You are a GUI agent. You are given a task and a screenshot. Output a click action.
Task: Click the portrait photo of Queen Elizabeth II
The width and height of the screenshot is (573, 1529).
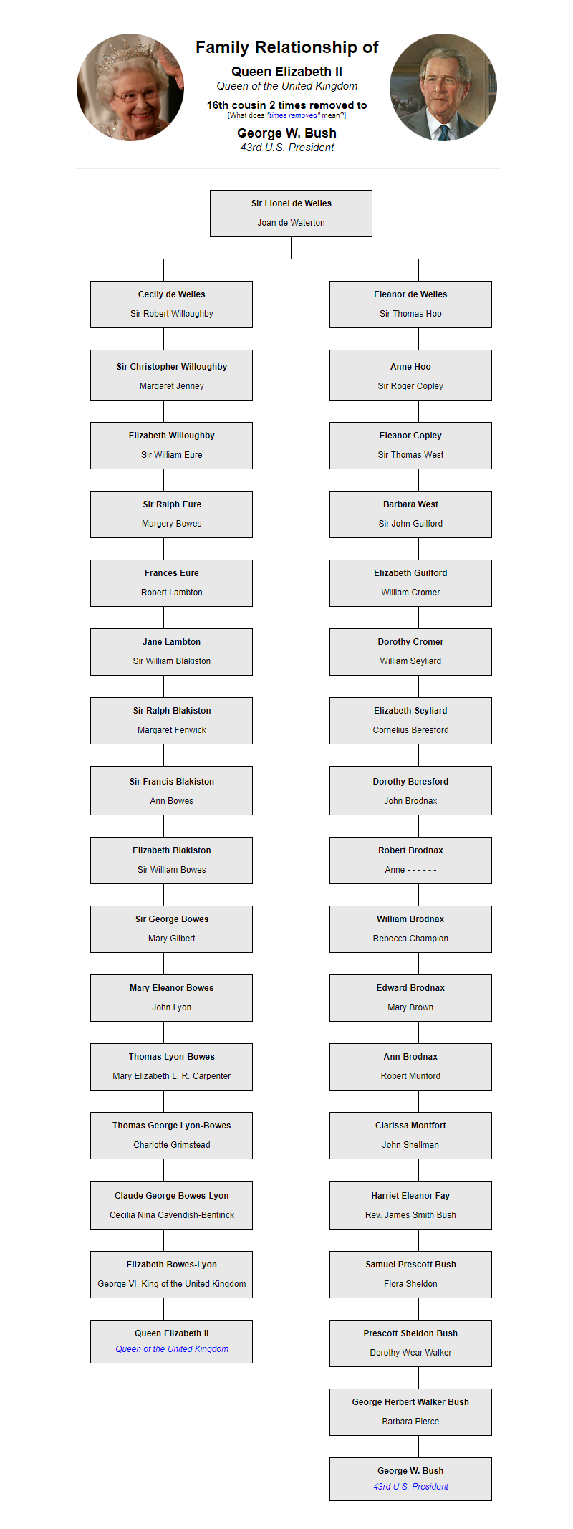130,87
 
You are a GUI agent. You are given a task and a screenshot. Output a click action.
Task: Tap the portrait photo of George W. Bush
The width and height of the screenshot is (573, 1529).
443,87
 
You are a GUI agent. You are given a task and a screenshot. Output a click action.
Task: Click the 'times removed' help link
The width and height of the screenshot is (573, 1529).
286,115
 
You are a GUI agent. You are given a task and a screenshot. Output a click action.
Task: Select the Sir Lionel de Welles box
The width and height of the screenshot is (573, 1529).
291,214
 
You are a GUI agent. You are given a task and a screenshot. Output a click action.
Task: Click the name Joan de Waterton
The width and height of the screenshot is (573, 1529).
291,223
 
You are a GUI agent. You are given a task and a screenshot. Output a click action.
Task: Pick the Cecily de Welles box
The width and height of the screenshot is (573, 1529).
171,305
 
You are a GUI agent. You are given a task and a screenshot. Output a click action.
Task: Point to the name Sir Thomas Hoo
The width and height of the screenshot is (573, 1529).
410,314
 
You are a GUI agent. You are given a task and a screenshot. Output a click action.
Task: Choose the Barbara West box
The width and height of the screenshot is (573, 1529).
410,514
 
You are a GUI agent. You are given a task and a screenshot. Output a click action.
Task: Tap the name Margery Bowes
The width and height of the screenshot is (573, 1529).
171,524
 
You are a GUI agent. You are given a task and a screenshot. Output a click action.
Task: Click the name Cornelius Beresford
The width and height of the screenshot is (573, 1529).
410,730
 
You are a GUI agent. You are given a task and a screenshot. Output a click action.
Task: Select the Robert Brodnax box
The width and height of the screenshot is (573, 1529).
410,861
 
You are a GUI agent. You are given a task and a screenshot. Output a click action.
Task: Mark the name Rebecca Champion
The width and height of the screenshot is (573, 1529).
410,939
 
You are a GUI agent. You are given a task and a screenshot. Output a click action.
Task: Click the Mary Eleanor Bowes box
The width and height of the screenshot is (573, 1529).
171,998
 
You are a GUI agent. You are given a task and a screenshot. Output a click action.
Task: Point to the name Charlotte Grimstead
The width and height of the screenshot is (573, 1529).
171,1145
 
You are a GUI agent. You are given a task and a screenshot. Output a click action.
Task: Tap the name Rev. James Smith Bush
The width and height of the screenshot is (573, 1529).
410,1215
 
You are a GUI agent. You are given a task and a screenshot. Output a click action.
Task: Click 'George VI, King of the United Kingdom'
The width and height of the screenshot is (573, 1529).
171,1284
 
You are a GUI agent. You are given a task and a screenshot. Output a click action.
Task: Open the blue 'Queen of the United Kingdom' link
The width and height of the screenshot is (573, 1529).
172,1349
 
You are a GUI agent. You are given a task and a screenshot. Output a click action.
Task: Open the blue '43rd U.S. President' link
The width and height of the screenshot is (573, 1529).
410,1487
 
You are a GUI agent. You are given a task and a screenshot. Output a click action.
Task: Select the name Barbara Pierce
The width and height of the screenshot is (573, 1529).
410,1422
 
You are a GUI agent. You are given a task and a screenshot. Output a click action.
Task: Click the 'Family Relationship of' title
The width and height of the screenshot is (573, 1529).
286,47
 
